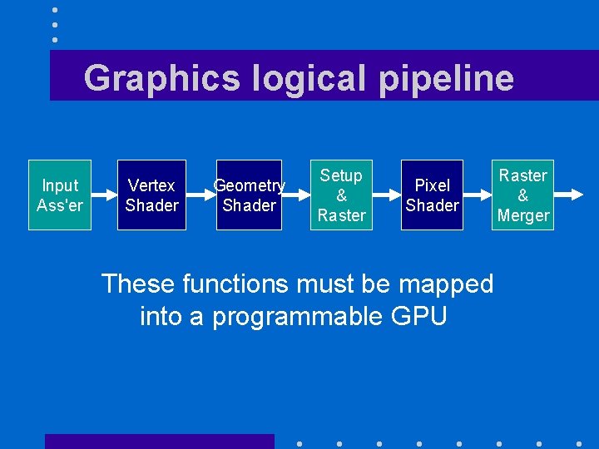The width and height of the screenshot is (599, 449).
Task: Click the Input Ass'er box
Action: pyautogui.click(x=60, y=195)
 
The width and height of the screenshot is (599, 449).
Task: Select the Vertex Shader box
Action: pyautogui.click(x=151, y=195)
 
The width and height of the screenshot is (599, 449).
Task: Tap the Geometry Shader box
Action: pyautogui.click(x=250, y=195)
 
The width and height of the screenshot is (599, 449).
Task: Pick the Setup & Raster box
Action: pyautogui.click(x=341, y=195)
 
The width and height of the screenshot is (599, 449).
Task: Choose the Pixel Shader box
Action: pyautogui.click(x=432, y=195)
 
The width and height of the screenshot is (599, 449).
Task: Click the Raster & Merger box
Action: pyautogui.click(x=522, y=195)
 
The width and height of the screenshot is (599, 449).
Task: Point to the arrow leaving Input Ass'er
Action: pyautogui.click(x=102, y=195)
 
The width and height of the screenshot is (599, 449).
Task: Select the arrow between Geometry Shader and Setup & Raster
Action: pyautogui.click(x=297, y=195)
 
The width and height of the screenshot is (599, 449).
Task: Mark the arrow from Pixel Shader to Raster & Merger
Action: pyautogui.click(x=478, y=195)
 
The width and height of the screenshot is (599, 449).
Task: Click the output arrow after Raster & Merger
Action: pyautogui.click(x=569, y=195)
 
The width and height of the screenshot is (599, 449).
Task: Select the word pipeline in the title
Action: pyautogui.click(x=447, y=78)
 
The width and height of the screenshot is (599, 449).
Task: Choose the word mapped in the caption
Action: pyautogui.click(x=446, y=285)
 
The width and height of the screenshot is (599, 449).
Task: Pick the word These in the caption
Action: pyautogui.click(x=138, y=284)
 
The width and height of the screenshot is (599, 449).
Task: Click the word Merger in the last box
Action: pyautogui.click(x=523, y=215)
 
